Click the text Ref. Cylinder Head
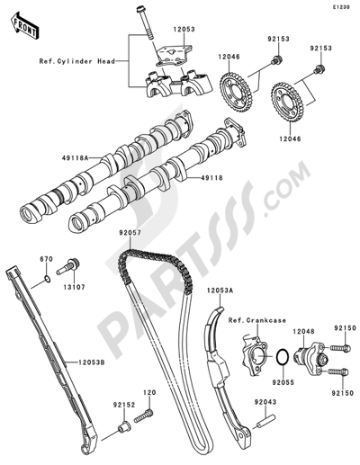(x=76, y=62)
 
